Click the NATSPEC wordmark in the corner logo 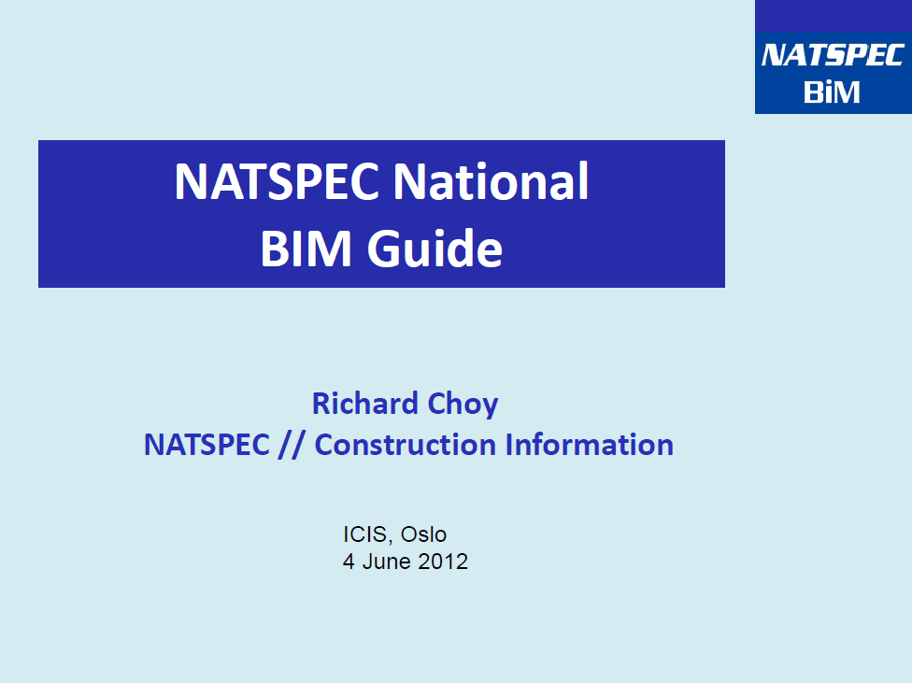(x=833, y=55)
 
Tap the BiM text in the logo (x=832, y=92)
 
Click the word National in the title (x=491, y=181)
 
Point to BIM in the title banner (x=306, y=249)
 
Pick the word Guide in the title (x=435, y=249)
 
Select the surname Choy (x=463, y=405)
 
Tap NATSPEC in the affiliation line (x=207, y=445)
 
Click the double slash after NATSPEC (x=291, y=446)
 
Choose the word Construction (x=406, y=445)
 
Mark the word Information (x=590, y=445)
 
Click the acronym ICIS (x=365, y=534)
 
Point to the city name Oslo (x=423, y=534)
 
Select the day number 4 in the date (x=349, y=562)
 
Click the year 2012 (x=443, y=562)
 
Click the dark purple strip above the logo (x=834, y=16)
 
